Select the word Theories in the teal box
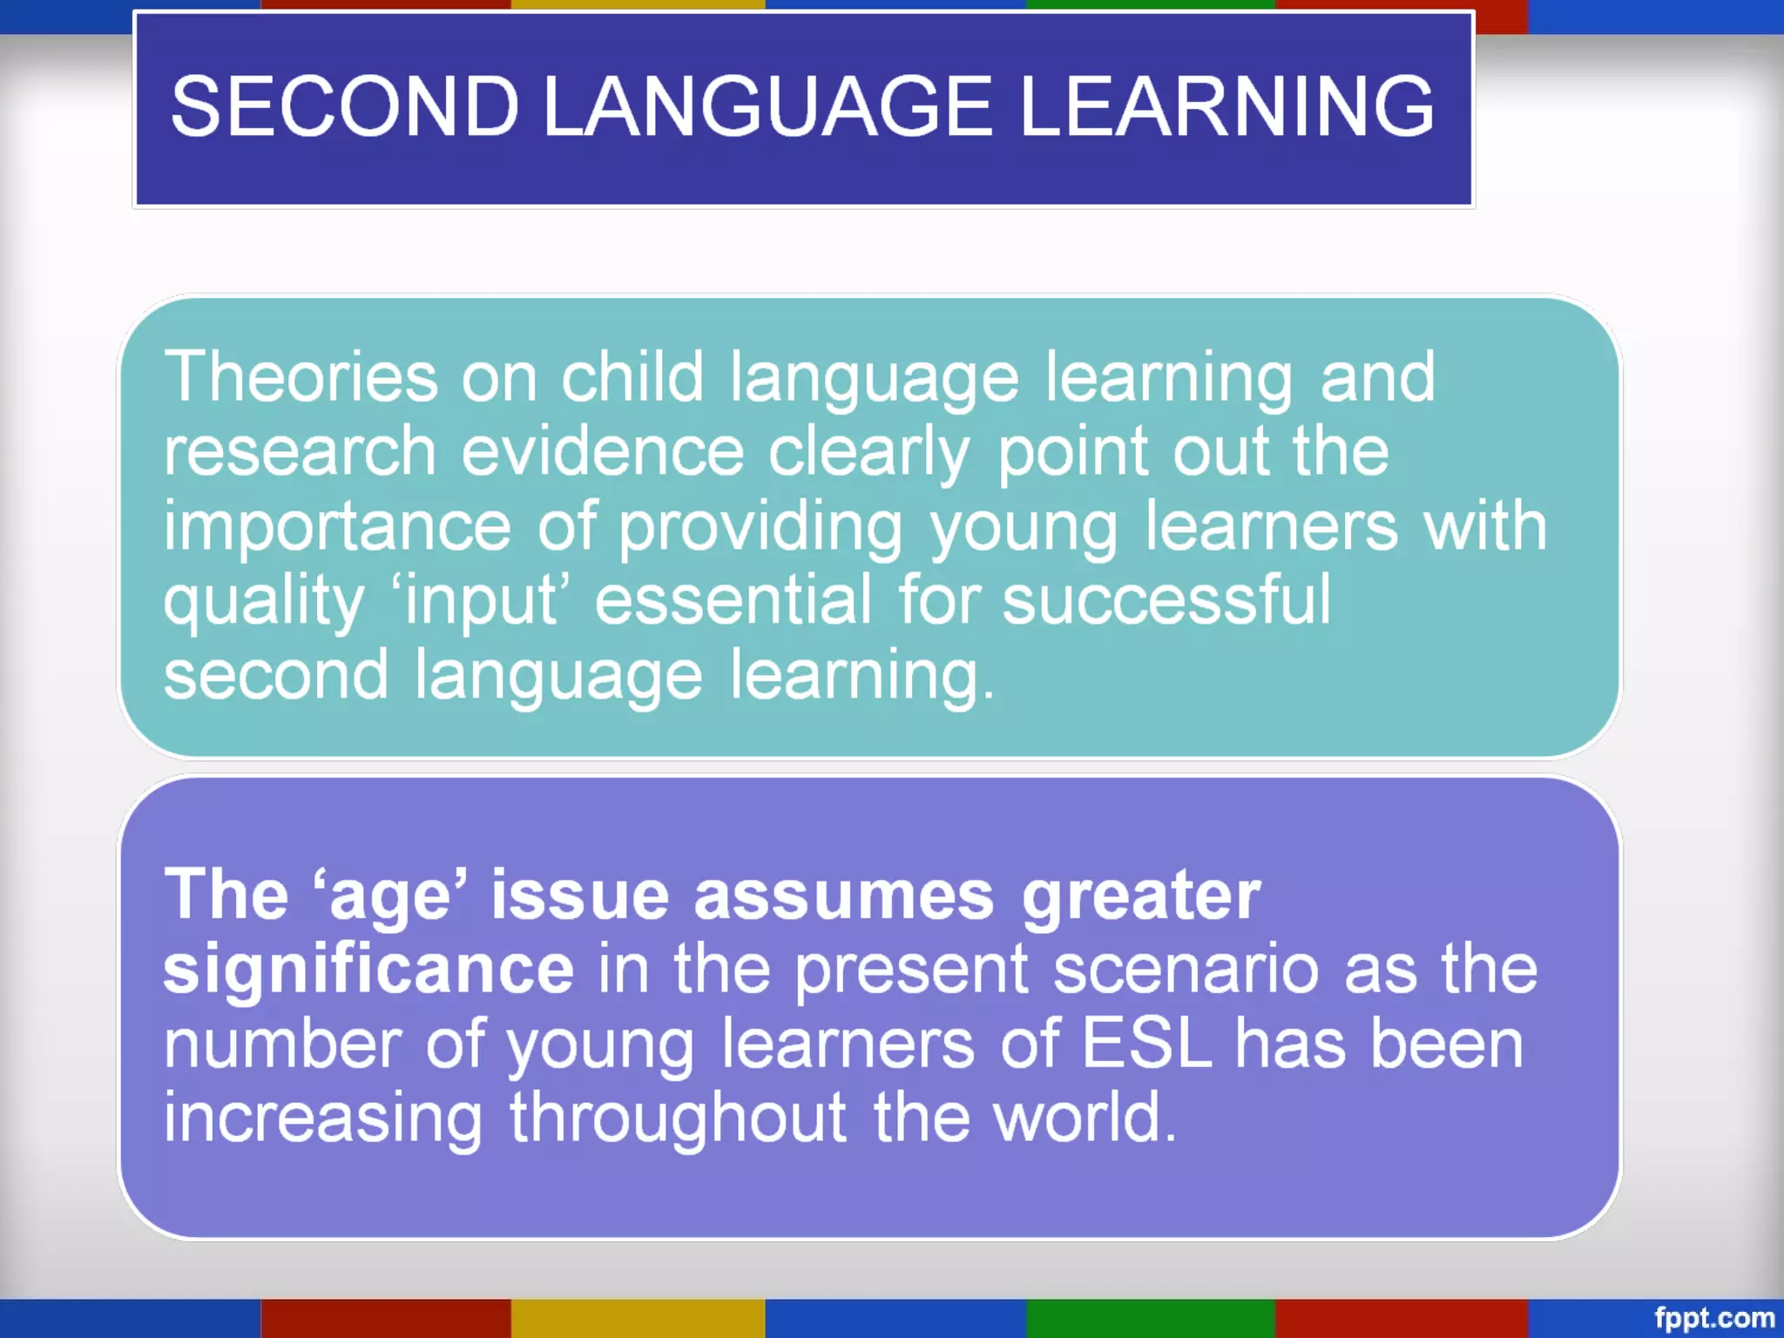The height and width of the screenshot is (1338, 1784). point(301,376)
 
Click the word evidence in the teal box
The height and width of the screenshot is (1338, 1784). point(603,451)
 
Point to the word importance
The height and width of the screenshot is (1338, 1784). point(337,528)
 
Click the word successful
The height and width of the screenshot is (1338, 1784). point(1166,600)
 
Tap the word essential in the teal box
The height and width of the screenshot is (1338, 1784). point(733,600)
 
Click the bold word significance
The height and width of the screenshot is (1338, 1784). point(368,970)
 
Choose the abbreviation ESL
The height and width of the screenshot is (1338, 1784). point(1147,1044)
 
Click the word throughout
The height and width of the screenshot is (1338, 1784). point(678,1118)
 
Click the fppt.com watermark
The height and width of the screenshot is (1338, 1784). point(1713,1318)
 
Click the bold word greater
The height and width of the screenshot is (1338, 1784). point(1141,895)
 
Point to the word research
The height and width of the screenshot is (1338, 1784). point(300,453)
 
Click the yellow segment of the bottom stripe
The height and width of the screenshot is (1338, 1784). point(638,1318)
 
